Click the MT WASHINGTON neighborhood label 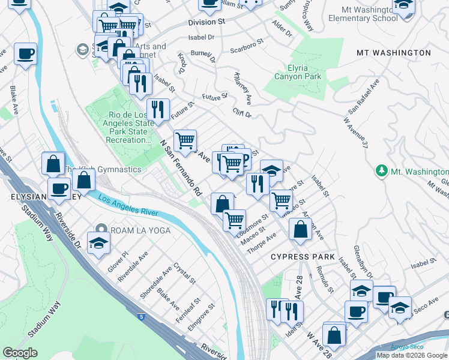pyautogui.click(x=393, y=53)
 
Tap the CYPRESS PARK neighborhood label pyautogui.click(x=302, y=257)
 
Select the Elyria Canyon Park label pyautogui.click(x=298, y=72)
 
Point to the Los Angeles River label pyautogui.click(x=128, y=206)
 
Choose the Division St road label pyautogui.click(x=206, y=21)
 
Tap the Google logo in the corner pyautogui.click(x=20, y=352)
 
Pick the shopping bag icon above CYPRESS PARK pyautogui.click(x=300, y=229)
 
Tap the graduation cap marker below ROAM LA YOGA pyautogui.click(x=99, y=243)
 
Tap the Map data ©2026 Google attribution pyautogui.click(x=412, y=355)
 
